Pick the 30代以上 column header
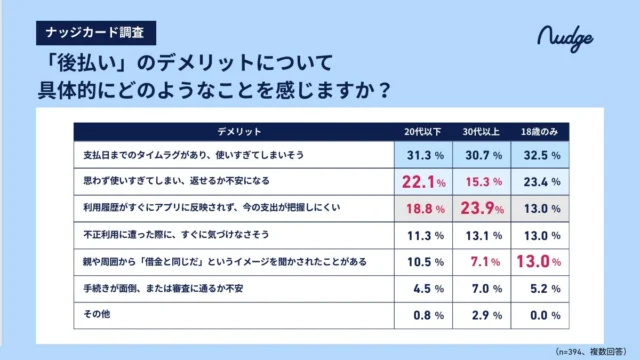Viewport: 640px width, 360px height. point(482,133)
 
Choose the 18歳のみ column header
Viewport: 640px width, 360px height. point(541,133)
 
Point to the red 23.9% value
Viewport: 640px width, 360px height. point(482,209)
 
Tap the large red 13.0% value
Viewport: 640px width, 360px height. point(541,262)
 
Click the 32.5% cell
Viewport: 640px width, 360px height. point(541,156)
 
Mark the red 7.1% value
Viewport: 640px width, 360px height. point(482,262)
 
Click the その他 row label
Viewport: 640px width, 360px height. point(95,315)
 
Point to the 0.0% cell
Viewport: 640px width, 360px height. point(541,315)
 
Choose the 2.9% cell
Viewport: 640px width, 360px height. point(482,315)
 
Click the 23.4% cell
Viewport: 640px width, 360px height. point(541,182)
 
